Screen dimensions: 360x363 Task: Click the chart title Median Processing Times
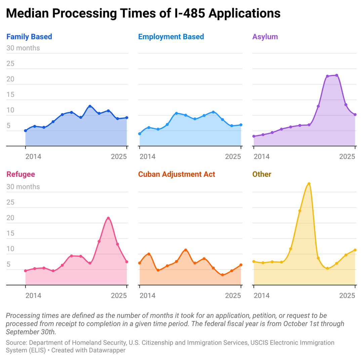point(143,13)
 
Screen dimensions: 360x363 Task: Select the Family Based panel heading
point(29,37)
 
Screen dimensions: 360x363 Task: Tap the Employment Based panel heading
point(171,37)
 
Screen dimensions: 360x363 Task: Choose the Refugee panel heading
point(21,174)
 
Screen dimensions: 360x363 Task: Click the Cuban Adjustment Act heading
point(176,174)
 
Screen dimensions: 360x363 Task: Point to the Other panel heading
point(262,174)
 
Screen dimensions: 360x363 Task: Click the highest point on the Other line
point(309,184)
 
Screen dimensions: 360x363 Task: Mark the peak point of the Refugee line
point(108,218)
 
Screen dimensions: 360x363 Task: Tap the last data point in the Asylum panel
point(355,115)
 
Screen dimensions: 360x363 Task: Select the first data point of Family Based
point(26,131)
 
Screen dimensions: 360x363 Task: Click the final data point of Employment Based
point(241,125)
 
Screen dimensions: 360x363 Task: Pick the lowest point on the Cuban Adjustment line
point(223,275)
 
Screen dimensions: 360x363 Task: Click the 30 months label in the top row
point(23,48)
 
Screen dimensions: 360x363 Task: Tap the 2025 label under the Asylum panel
point(347,157)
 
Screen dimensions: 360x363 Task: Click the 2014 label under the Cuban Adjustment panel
point(148,295)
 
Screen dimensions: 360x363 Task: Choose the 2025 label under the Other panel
point(347,295)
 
